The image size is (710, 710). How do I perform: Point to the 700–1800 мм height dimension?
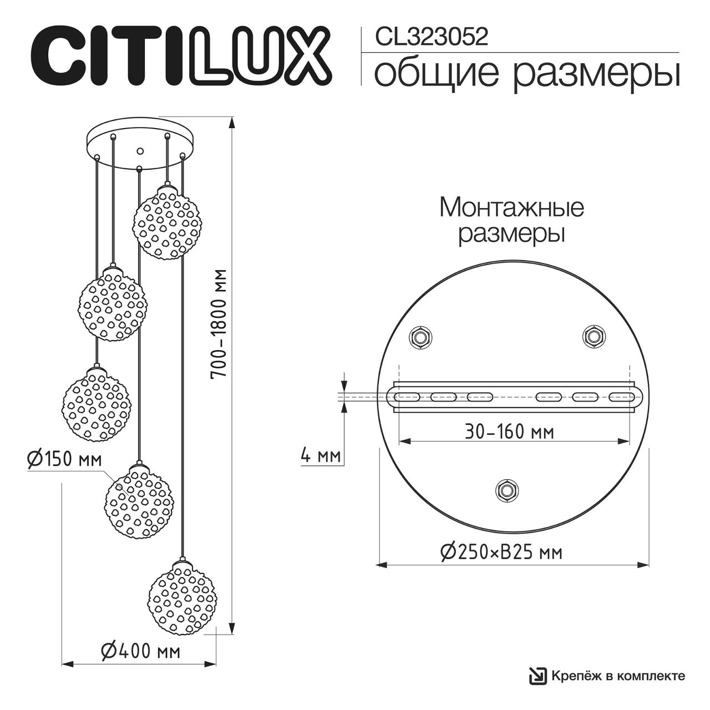220,324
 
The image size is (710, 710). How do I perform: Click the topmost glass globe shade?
166,222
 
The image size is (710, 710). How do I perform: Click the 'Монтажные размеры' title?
511,221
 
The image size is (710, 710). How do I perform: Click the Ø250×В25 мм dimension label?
501,552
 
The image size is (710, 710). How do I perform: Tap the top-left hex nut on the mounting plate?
420,337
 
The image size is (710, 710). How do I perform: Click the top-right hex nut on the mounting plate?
594,336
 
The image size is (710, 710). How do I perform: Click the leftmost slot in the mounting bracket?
407,397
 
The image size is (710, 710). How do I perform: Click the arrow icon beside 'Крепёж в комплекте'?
537,675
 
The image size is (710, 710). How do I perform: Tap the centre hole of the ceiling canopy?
140,150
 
